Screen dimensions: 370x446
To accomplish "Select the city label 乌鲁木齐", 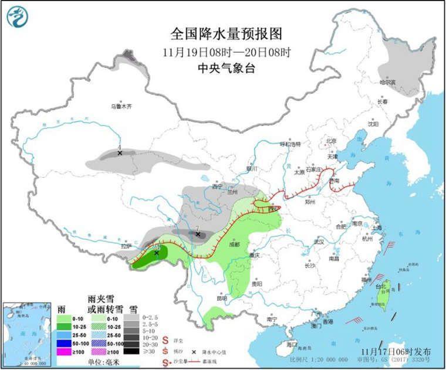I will point(121,107).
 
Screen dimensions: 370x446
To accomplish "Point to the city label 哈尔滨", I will point(387,83).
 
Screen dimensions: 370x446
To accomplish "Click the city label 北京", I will point(331,141).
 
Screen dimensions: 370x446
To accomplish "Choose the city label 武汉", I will point(319,242).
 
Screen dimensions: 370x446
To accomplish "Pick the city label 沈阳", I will point(373,124).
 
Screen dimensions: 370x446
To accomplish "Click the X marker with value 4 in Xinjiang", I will point(120,153).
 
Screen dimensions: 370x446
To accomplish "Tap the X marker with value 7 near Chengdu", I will point(198,235).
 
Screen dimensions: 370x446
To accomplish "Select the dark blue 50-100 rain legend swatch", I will point(63,343).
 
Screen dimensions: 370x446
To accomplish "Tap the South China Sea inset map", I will point(25,332).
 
